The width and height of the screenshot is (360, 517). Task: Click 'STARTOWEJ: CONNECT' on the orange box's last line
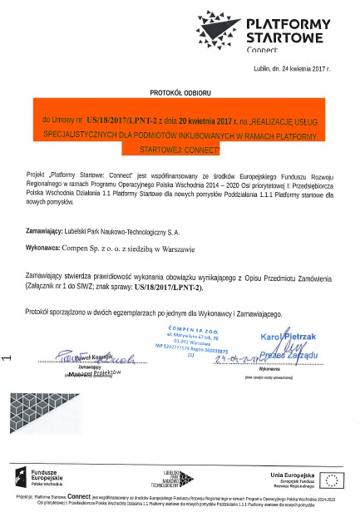(180, 151)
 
